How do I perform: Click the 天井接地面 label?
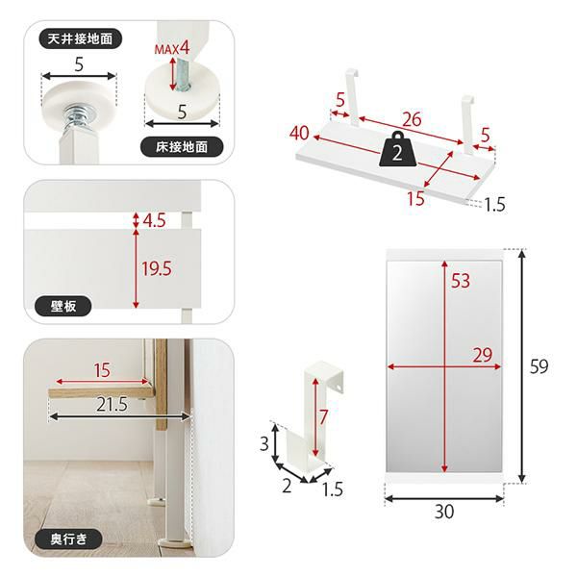click(80, 38)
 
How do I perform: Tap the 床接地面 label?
click(182, 147)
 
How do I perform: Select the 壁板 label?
click(63, 306)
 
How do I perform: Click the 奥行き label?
click(68, 539)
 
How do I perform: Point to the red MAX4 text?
click(172, 48)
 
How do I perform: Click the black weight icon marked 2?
click(398, 150)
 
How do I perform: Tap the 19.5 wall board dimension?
click(157, 268)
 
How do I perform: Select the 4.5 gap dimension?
click(154, 220)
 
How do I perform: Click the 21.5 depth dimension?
click(112, 405)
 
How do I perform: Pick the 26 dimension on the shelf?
click(412, 119)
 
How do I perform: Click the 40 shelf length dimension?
click(299, 133)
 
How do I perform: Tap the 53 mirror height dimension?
click(461, 281)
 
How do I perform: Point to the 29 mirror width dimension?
click(483, 355)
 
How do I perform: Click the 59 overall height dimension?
click(539, 366)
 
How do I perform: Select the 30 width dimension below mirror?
click(444, 512)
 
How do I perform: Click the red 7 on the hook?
click(323, 417)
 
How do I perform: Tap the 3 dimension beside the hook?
click(264, 443)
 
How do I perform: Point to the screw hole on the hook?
click(338, 388)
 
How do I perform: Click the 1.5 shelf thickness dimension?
click(494, 205)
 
